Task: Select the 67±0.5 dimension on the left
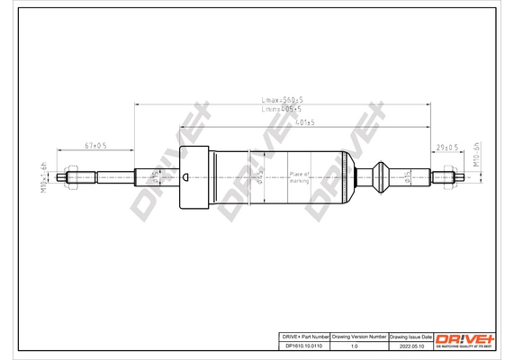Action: pos(95,144)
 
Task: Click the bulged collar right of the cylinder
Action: pos(382,177)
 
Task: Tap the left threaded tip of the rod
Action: pos(68,177)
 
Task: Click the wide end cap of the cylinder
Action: pos(195,177)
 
